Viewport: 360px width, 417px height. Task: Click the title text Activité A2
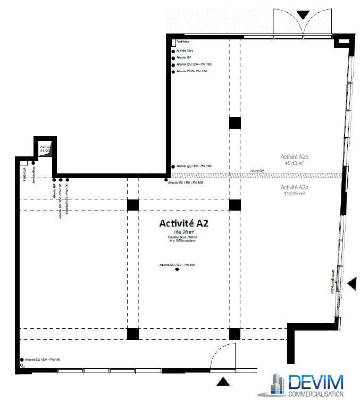[183, 224]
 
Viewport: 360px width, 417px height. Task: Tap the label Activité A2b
[295, 157]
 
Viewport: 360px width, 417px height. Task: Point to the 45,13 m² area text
[293, 163]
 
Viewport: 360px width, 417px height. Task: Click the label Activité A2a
[295, 188]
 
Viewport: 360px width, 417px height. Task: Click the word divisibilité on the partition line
[257, 171]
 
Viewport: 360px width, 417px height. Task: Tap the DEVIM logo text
[315, 382]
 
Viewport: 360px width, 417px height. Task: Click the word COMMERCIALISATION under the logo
[315, 394]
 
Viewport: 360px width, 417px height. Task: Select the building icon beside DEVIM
[276, 385]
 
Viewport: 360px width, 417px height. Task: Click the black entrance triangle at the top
[302, 14]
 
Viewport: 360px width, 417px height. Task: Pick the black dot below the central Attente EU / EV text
[177, 270]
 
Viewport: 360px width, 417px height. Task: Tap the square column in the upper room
[235, 123]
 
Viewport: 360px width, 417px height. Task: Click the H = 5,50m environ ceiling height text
[183, 241]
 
